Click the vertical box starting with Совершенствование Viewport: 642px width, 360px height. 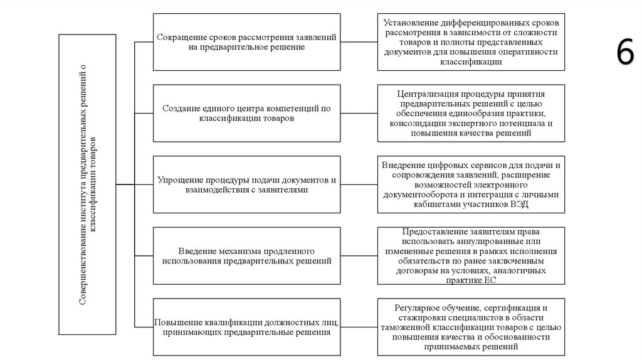click(x=87, y=185)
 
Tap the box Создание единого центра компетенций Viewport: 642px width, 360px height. click(x=246, y=113)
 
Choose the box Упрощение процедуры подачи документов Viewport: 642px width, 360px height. click(x=246, y=184)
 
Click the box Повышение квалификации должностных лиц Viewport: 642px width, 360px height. click(x=246, y=327)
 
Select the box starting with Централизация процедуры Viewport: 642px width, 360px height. click(x=470, y=113)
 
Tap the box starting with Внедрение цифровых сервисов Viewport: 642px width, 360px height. click(x=470, y=184)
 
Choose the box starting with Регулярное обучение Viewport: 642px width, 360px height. click(x=470, y=327)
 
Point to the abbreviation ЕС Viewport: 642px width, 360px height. click(x=490, y=280)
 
